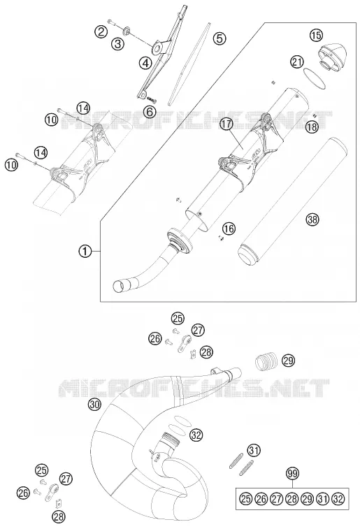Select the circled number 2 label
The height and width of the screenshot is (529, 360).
coord(101,32)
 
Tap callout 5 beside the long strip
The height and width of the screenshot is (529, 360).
coord(219,38)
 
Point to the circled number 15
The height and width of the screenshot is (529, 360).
coord(316,35)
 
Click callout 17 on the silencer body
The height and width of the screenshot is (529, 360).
coord(226,124)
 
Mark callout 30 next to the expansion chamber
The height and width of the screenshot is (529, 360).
coord(95,404)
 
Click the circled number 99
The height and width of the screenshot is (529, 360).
coord(292,474)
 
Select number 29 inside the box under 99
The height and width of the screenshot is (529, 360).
coord(307,499)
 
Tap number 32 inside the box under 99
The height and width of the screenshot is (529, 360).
coord(338,499)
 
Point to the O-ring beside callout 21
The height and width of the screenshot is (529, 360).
coord(314,78)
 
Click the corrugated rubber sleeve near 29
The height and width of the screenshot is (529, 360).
coord(266,361)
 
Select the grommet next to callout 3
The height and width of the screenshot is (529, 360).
coord(127,31)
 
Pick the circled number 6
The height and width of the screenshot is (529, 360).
coord(150,111)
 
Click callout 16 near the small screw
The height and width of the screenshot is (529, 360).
coord(229,229)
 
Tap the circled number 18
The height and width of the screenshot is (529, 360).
coord(312,127)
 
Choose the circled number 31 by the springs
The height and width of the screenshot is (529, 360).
coord(254,450)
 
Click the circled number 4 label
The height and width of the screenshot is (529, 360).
coord(145,63)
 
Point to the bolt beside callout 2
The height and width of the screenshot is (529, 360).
coord(113,22)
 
